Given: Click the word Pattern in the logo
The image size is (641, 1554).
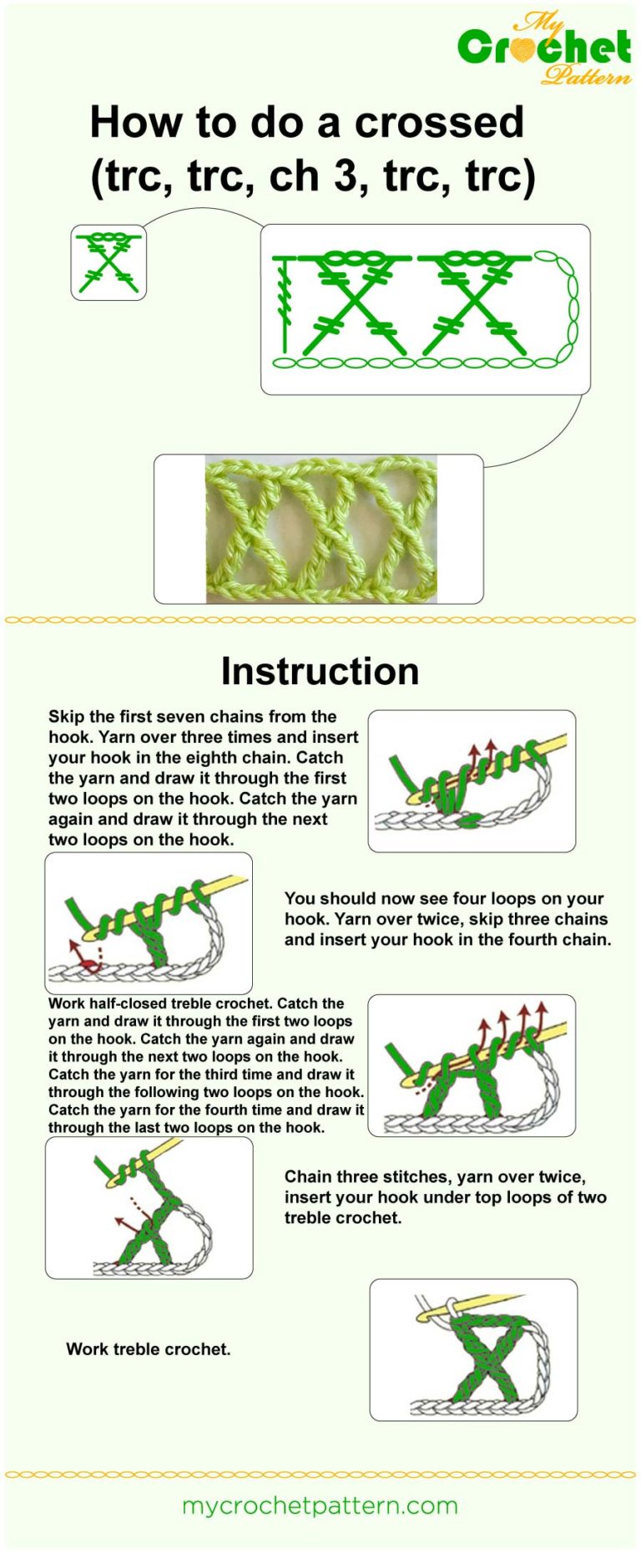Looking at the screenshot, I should (x=586, y=77).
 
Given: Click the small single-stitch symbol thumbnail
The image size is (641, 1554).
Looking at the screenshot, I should (x=109, y=262).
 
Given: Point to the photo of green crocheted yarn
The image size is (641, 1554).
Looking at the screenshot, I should (x=321, y=529).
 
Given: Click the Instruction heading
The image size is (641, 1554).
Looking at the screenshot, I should (x=320, y=671).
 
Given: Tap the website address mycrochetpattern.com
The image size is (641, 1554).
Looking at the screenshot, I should (x=320, y=1506).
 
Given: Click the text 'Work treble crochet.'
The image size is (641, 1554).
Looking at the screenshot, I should (x=149, y=1348).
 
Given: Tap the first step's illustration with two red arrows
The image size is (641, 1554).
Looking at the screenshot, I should (x=472, y=780).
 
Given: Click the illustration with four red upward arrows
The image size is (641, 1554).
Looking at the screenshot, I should (x=472, y=1065).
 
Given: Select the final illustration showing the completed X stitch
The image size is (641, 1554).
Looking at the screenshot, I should (x=473, y=1349).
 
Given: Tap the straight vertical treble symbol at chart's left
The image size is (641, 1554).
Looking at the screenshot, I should (x=285, y=305).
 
